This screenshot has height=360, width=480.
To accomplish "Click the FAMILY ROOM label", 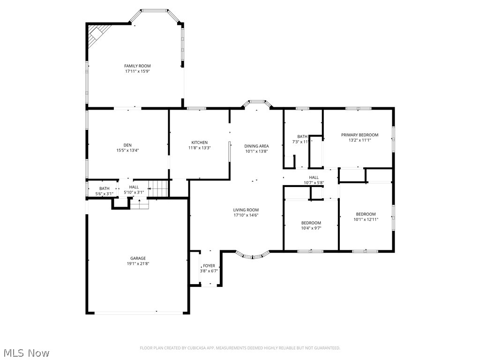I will pyautogui.click(x=137, y=66).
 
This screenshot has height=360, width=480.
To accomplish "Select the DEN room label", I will pyautogui.click(x=127, y=144).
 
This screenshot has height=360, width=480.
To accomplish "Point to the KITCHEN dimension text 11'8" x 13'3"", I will pyautogui.click(x=199, y=148).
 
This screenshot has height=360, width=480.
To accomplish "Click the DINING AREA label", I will pyautogui.click(x=256, y=146).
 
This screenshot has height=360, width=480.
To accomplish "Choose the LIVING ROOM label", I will pyautogui.click(x=246, y=210).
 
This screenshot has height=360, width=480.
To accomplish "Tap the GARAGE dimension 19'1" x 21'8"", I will pyautogui.click(x=138, y=263).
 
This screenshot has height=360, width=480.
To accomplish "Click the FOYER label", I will pyautogui.click(x=209, y=265).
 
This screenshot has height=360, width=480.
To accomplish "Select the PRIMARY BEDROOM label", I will pyautogui.click(x=360, y=135).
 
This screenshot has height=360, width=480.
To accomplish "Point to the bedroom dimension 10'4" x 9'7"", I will pyautogui.click(x=311, y=228).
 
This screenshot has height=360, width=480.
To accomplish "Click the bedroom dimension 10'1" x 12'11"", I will pyautogui.click(x=366, y=219).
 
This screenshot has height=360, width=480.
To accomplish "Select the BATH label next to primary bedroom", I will pyautogui.click(x=302, y=136).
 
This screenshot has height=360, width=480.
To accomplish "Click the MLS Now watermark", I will pyautogui.click(x=26, y=352).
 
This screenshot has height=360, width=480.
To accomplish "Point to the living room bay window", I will pyautogui.click(x=252, y=255).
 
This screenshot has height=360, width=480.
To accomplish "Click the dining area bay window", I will pyautogui.click(x=256, y=103).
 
